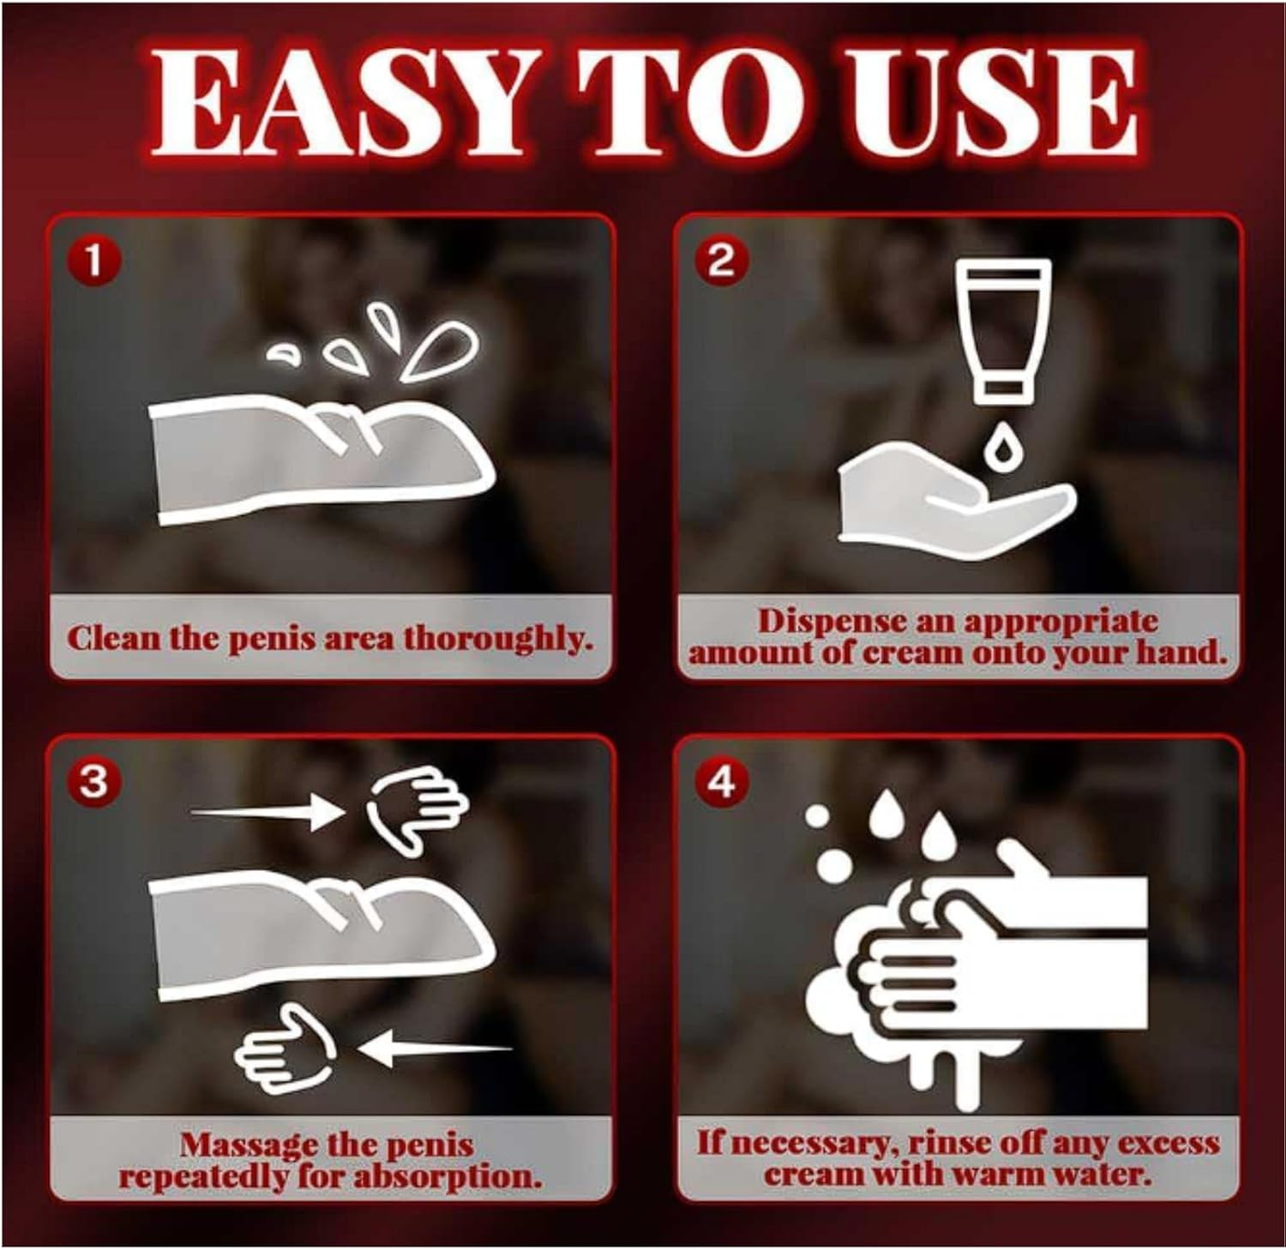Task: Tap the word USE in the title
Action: [966, 100]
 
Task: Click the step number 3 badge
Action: [93, 782]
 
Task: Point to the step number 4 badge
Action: [721, 781]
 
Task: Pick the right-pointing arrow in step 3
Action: [266, 811]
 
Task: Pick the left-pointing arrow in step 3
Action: [433, 1047]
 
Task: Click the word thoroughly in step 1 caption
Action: [498, 640]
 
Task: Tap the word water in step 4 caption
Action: [1103, 1174]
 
